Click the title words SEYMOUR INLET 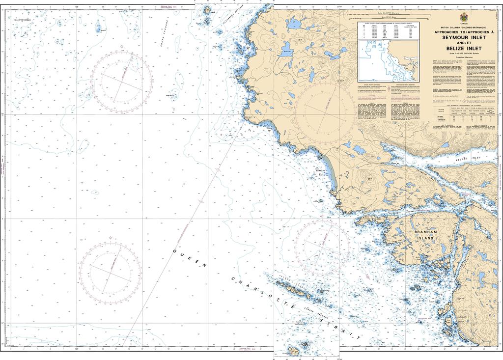(464, 38)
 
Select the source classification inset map (388, 61)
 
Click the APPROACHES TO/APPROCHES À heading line (464, 32)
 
